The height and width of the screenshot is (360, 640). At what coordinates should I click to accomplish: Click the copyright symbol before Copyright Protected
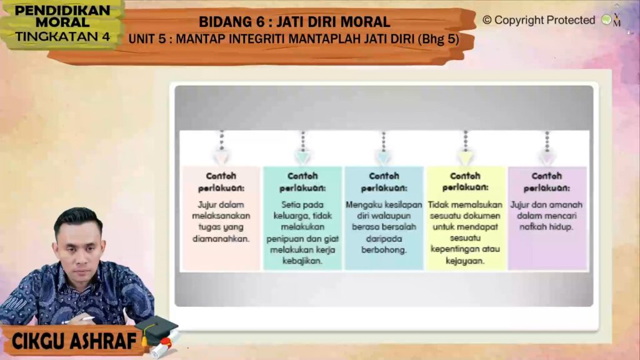[x=487, y=19]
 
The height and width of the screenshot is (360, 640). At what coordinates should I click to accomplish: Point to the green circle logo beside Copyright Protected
[x=606, y=19]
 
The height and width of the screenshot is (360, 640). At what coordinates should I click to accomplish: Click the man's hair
[x=77, y=219]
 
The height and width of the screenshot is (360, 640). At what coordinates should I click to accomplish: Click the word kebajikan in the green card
[x=302, y=261]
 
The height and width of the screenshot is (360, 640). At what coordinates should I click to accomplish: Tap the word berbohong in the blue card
[x=384, y=250]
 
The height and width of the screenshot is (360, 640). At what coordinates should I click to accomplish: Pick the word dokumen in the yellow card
[x=484, y=216]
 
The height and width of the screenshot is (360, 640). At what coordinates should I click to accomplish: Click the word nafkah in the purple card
[x=529, y=227]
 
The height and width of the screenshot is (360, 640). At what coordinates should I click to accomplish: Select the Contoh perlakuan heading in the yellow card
[x=465, y=182]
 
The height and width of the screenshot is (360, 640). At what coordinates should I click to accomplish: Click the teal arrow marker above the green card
[x=303, y=156]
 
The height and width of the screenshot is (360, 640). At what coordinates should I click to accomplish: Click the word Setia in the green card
[x=290, y=205]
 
